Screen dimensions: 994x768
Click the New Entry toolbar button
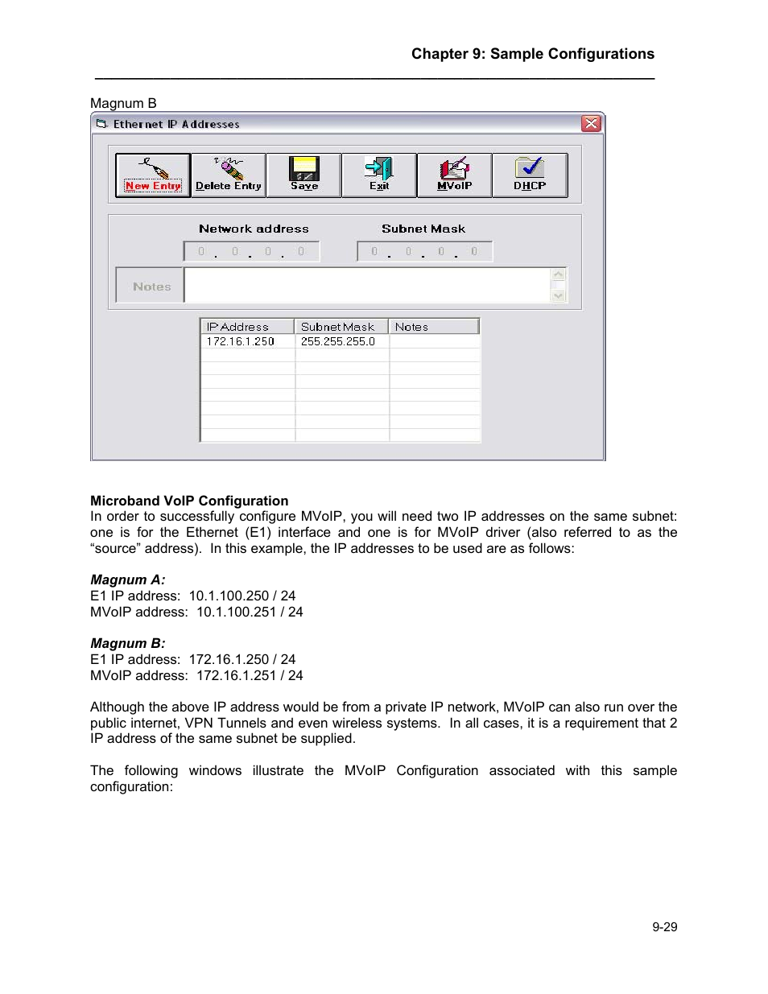click(x=153, y=175)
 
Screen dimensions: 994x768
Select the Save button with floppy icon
click(x=303, y=175)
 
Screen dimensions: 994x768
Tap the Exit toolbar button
click(x=378, y=175)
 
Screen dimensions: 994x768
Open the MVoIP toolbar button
click(x=454, y=175)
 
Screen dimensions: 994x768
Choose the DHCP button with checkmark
click(x=530, y=175)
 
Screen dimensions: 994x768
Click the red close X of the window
click(x=591, y=123)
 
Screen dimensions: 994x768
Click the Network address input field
click(x=251, y=252)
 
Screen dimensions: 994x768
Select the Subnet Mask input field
click(x=424, y=252)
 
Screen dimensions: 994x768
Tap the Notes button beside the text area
click(x=151, y=286)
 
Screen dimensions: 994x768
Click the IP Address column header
click(x=246, y=327)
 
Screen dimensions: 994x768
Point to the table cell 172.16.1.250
click(x=241, y=341)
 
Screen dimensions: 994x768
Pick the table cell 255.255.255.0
click(x=338, y=341)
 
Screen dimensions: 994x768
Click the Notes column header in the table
click(x=433, y=327)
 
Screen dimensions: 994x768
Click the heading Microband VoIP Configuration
click(x=189, y=501)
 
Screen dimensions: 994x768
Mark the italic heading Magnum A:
click(x=128, y=579)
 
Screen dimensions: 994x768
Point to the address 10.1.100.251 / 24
click(x=250, y=612)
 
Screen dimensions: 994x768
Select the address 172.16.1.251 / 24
click(x=250, y=675)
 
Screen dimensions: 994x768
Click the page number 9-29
click(x=664, y=927)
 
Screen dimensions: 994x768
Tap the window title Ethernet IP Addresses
click(x=176, y=124)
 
